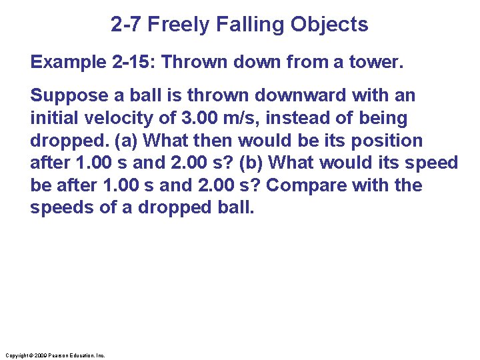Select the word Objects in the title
(x=329, y=25)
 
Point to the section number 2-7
(x=126, y=25)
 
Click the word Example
(x=65, y=62)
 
